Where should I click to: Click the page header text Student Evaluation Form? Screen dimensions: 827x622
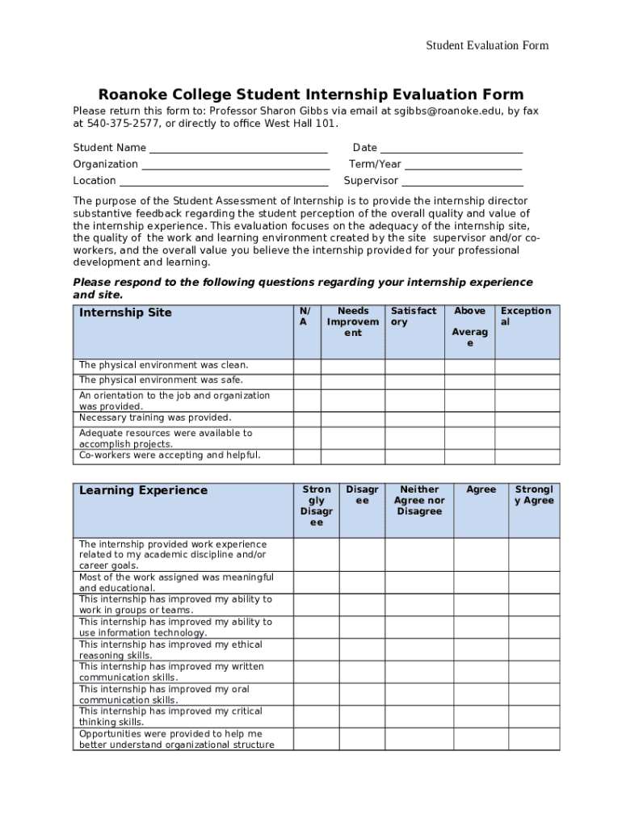487,45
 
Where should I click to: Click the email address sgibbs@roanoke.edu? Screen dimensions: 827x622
443,111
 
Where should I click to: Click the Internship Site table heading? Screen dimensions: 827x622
125,313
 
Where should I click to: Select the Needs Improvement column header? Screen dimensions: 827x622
353,321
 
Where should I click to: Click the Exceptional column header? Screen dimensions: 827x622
526,316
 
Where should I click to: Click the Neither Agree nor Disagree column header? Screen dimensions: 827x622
419,500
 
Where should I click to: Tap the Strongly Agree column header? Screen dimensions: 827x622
534,494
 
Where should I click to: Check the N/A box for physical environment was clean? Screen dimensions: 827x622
306,367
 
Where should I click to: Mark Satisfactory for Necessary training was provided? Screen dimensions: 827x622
414,419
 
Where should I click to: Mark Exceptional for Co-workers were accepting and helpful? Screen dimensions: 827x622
527,456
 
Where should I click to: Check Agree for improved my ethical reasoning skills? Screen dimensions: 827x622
481,650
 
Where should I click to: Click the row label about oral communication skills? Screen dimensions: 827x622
163,695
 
